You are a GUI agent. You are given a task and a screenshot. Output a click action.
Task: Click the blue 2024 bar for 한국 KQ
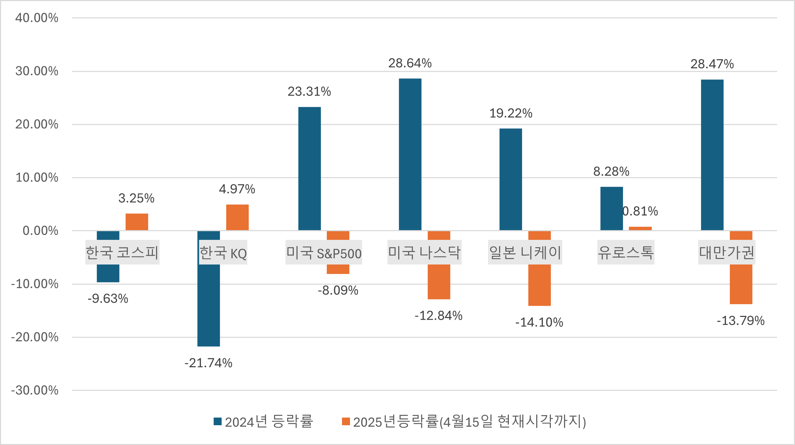click(x=208, y=305)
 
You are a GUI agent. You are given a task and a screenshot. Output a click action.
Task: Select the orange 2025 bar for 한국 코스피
click(x=137, y=222)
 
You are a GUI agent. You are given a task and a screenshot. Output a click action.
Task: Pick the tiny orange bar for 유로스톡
click(x=640, y=228)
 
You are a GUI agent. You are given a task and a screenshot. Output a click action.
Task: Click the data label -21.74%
click(x=208, y=363)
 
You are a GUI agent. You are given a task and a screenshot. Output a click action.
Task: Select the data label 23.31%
click(x=309, y=92)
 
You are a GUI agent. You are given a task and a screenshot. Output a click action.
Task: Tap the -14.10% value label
click(x=539, y=322)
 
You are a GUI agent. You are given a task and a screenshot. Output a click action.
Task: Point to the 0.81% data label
click(x=640, y=211)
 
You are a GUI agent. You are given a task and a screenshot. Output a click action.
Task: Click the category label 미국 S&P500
click(x=324, y=252)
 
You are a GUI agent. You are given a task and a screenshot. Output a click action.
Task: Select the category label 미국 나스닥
click(x=424, y=252)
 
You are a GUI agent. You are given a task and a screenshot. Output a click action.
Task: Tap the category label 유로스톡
click(x=626, y=252)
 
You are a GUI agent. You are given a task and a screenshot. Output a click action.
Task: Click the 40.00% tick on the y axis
click(x=37, y=18)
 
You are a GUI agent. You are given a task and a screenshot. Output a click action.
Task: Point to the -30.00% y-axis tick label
click(x=35, y=391)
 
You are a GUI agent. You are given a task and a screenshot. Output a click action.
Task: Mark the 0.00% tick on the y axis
click(x=40, y=231)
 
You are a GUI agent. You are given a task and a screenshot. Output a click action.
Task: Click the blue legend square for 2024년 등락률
click(x=217, y=421)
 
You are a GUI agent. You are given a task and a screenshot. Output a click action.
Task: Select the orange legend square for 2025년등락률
click(x=346, y=421)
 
